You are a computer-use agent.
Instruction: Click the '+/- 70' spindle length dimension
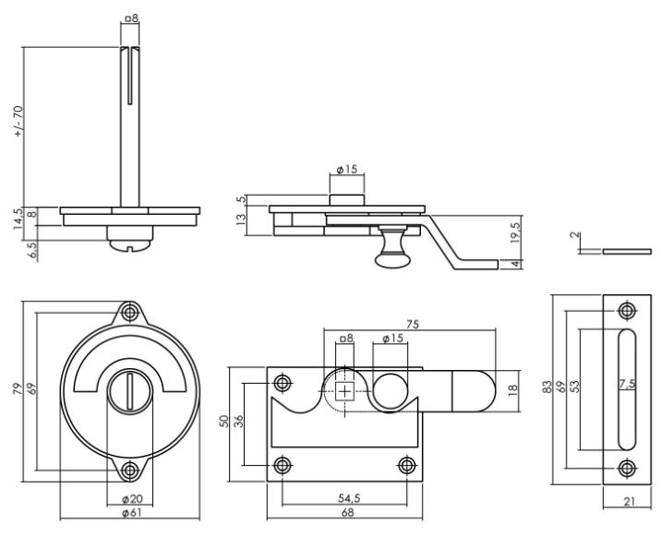pos(18,121)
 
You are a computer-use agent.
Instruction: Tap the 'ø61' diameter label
pos(132,513)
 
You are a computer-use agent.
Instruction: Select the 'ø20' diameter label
pos(132,499)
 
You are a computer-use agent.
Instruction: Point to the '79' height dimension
pos(17,388)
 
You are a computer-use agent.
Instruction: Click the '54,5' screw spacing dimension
pos(349,498)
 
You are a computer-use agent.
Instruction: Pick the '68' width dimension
pos(347,513)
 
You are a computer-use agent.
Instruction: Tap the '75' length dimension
pos(413,325)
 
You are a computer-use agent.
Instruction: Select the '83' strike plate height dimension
pos(547,387)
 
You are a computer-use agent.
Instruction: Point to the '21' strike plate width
pos(629,501)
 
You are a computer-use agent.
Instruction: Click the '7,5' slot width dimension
pos(627,384)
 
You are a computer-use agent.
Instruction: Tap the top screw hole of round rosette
pos(130,313)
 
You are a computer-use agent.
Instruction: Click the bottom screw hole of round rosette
pos(130,471)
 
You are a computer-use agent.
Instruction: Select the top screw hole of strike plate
pos(627,311)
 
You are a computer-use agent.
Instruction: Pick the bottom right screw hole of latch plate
pos(406,466)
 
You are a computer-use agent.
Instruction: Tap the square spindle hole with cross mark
pos(345,392)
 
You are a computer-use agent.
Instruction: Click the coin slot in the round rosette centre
pos(130,391)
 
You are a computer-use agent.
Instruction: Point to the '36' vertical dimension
pos(238,422)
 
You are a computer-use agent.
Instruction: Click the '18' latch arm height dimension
pos(512,390)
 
